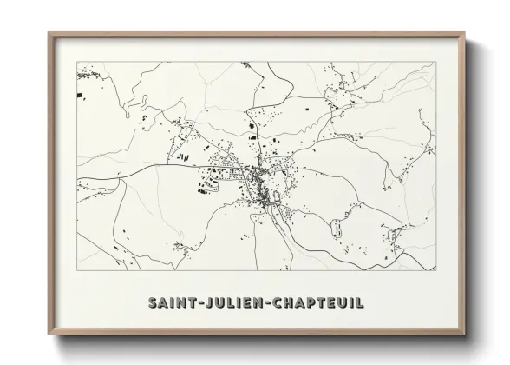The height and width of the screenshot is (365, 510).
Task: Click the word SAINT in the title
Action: tap(173, 304)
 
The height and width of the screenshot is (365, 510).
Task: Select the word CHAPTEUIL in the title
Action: tap(320, 304)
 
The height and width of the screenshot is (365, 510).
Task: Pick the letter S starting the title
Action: tap(152, 304)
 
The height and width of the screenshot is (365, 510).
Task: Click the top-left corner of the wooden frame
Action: tap(49, 34)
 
